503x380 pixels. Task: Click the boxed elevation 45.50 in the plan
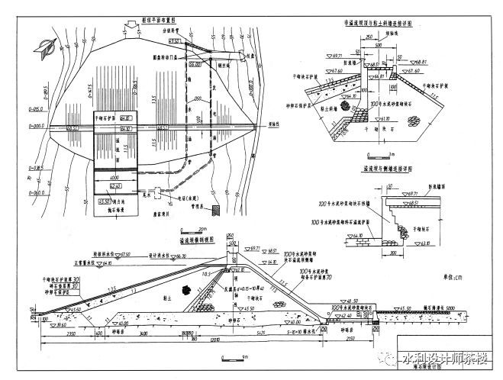pyautogui.click(x=105, y=201)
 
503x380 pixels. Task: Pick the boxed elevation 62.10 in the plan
pyautogui.click(x=114, y=185)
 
